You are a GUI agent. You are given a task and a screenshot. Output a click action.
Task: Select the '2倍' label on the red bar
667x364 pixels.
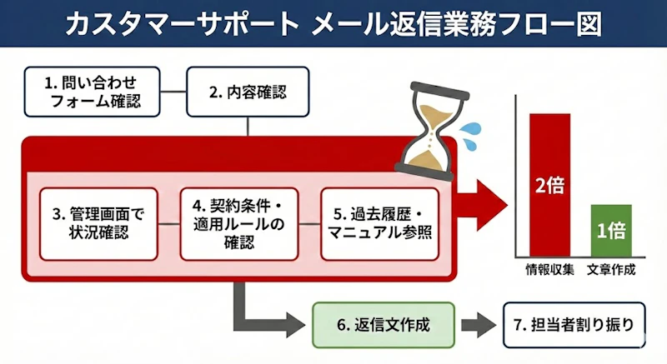pyautogui.click(x=549, y=185)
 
